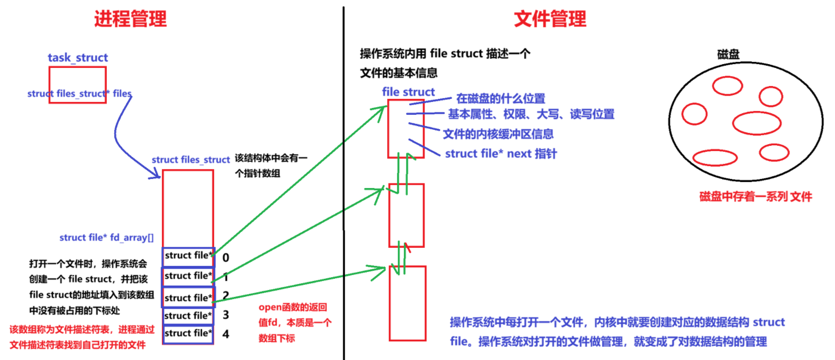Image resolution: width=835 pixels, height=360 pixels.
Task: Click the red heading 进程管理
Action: tap(130, 19)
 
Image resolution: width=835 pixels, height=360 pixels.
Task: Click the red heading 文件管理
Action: tap(550, 19)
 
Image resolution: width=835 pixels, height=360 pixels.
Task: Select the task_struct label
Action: tap(77, 58)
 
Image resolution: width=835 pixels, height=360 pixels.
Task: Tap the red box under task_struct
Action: tap(77, 84)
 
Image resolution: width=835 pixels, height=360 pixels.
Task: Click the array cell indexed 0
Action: tap(189, 256)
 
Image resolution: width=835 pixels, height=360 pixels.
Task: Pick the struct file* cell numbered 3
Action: tap(189, 315)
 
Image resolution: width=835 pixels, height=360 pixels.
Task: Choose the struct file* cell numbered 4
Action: tap(189, 334)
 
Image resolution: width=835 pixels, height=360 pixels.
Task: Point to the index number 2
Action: tap(225, 295)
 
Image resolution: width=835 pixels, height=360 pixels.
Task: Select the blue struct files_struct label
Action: tap(191, 160)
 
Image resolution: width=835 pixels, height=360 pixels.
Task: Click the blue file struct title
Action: tap(409, 92)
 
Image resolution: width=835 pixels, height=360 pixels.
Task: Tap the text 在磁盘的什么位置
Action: tap(500, 99)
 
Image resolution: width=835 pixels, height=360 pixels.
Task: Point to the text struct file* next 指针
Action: tap(501, 154)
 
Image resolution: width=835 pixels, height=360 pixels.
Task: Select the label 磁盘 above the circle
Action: tap(729, 55)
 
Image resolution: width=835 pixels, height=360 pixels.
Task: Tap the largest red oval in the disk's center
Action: tap(756, 123)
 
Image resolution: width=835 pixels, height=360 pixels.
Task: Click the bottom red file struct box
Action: tap(407, 303)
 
